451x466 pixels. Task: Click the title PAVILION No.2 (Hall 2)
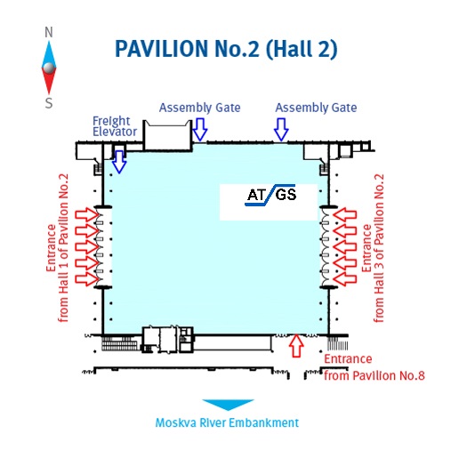(226, 49)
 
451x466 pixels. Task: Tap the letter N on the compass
(49, 32)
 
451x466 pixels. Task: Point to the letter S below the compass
(49, 103)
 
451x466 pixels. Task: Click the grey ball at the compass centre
(49, 68)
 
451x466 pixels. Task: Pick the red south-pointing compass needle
(49, 82)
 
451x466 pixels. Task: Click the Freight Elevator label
(115, 126)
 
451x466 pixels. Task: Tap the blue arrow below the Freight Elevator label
(119, 162)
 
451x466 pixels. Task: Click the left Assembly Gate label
(200, 108)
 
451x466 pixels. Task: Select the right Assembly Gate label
(316, 108)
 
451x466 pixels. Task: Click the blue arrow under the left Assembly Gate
(200, 130)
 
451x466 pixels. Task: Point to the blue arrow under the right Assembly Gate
(281, 130)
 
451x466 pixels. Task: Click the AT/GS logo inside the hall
(270, 195)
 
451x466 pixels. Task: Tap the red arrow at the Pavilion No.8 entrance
(296, 346)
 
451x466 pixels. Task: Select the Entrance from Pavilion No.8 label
(374, 367)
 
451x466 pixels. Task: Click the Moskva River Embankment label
(227, 422)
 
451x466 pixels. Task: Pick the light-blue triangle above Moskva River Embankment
(228, 405)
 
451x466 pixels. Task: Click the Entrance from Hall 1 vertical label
(58, 248)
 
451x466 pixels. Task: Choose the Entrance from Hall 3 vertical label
(373, 248)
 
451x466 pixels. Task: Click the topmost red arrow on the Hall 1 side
(87, 215)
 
